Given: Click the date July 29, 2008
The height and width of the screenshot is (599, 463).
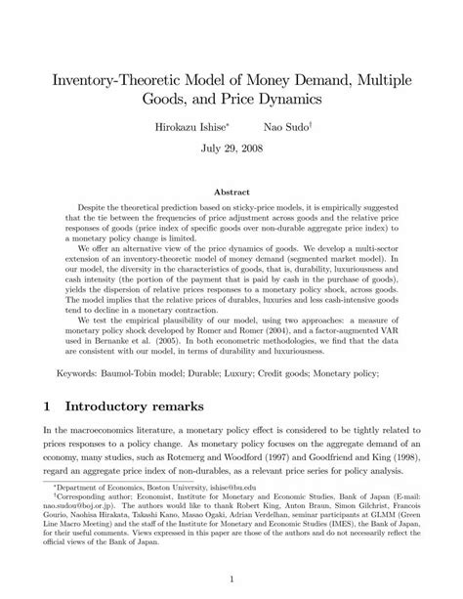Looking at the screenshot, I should (x=231, y=152).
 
